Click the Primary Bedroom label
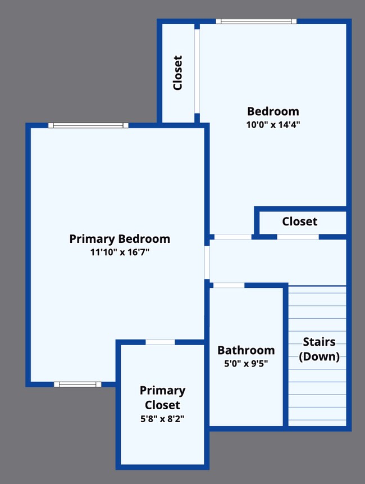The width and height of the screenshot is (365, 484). pos(120,239)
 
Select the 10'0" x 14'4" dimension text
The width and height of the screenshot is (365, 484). pos(273,125)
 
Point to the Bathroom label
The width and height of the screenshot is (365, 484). pos(246,350)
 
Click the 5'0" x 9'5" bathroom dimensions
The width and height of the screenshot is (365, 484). pos(246,363)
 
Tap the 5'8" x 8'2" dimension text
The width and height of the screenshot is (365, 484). pos(162,418)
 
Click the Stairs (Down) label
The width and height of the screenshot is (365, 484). pos(318,349)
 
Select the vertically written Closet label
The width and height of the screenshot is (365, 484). pos(177,73)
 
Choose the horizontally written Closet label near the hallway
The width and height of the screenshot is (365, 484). pos(299,221)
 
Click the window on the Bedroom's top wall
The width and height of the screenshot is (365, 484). pos(256,21)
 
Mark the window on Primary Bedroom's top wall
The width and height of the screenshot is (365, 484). pos(88,125)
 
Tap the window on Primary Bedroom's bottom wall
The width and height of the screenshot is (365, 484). pos(77,385)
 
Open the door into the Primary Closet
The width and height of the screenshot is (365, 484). pos(160,342)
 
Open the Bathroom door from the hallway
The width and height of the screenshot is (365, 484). pos(229,285)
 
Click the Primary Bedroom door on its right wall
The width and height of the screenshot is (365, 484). pos(207,262)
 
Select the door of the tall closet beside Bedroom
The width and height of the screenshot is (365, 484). pos(197,70)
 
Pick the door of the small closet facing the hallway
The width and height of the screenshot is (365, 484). pos(298,237)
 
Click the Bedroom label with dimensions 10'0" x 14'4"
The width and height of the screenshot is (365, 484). pos(273,111)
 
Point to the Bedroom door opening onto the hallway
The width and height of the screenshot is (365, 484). pos(232,237)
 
